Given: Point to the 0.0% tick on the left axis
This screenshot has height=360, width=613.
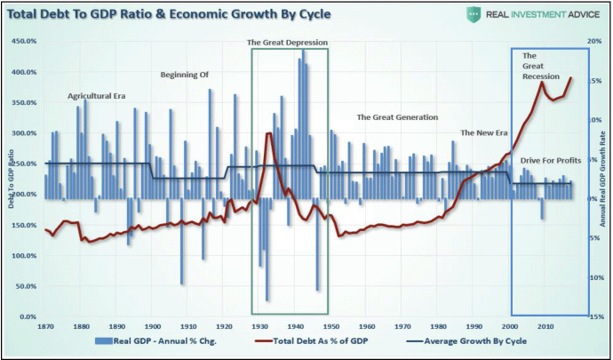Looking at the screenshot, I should pyautogui.click(x=27, y=316).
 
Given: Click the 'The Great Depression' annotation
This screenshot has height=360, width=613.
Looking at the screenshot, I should pyautogui.click(x=288, y=42).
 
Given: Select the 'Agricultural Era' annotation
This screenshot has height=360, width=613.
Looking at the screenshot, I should pyautogui.click(x=97, y=95).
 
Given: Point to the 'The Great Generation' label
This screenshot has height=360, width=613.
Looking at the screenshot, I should pyautogui.click(x=397, y=117).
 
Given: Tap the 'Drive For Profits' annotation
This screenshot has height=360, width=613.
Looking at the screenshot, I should pyautogui.click(x=551, y=160).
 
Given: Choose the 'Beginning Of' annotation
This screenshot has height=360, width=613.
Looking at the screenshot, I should pyautogui.click(x=184, y=75).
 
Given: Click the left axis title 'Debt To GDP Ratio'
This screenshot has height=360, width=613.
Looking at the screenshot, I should pyautogui.click(x=12, y=178).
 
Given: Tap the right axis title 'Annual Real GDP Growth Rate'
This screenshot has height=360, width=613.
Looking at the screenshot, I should pyautogui.click(x=603, y=178).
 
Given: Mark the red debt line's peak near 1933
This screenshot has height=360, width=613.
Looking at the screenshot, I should pyautogui.click(x=269, y=133).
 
